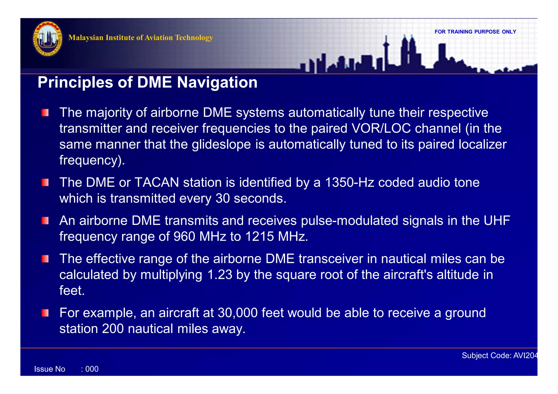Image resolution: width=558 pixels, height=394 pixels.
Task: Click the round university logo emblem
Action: click(48, 39)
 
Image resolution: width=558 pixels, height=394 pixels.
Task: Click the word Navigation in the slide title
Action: click(217, 82)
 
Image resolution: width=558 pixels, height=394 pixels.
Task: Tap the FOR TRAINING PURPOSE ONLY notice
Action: click(475, 32)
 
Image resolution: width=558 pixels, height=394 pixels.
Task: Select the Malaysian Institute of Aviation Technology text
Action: click(140, 38)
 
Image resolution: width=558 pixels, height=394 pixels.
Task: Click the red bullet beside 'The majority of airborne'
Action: click(45, 113)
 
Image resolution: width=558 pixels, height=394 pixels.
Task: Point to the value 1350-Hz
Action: click(350, 182)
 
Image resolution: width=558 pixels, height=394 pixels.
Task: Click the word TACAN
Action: click(157, 182)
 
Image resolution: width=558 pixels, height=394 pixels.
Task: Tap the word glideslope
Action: click(221, 144)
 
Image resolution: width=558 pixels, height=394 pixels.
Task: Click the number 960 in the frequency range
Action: click(184, 236)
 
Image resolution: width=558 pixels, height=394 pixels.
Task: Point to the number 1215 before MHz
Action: click(259, 236)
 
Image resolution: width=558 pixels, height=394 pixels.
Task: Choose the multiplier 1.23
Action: click(220, 274)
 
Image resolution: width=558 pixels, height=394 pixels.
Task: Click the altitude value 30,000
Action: click(238, 313)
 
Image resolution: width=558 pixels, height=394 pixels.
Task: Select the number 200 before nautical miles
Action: click(113, 329)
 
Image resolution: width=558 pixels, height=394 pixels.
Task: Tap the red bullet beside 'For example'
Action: click(45, 313)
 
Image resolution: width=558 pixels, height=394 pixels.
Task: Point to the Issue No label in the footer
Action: click(50, 369)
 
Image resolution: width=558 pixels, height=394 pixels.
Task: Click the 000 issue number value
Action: click(92, 369)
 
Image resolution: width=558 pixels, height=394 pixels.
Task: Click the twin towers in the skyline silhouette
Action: click(408, 52)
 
